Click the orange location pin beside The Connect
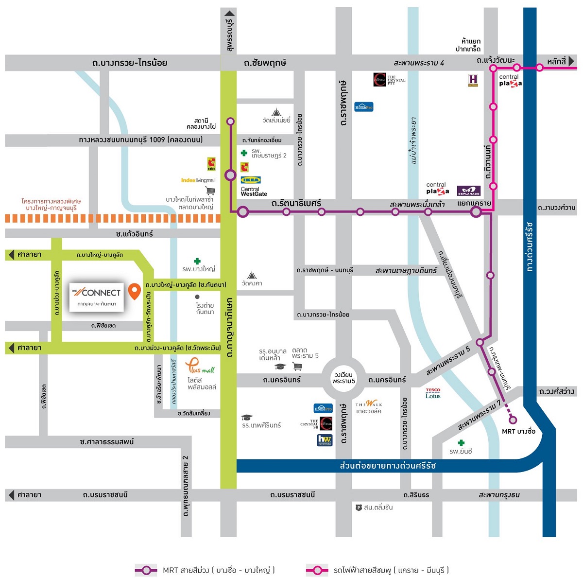click(135, 291)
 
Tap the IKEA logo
click(251, 180)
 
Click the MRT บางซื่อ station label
click(518, 431)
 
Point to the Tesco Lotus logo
click(433, 393)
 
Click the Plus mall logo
click(200, 366)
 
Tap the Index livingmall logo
click(198, 180)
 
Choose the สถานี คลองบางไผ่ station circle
click(230, 122)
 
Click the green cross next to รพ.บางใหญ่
click(197, 262)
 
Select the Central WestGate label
click(254, 192)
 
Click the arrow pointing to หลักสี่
click(571, 61)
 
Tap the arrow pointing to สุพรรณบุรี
click(230, 13)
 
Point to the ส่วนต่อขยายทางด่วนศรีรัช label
click(388, 466)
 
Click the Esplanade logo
click(468, 191)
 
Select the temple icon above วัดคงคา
click(251, 275)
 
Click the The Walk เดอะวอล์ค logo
click(369, 403)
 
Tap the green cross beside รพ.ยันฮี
click(461, 442)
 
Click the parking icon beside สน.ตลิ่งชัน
click(359, 508)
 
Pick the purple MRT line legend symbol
click(146, 570)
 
